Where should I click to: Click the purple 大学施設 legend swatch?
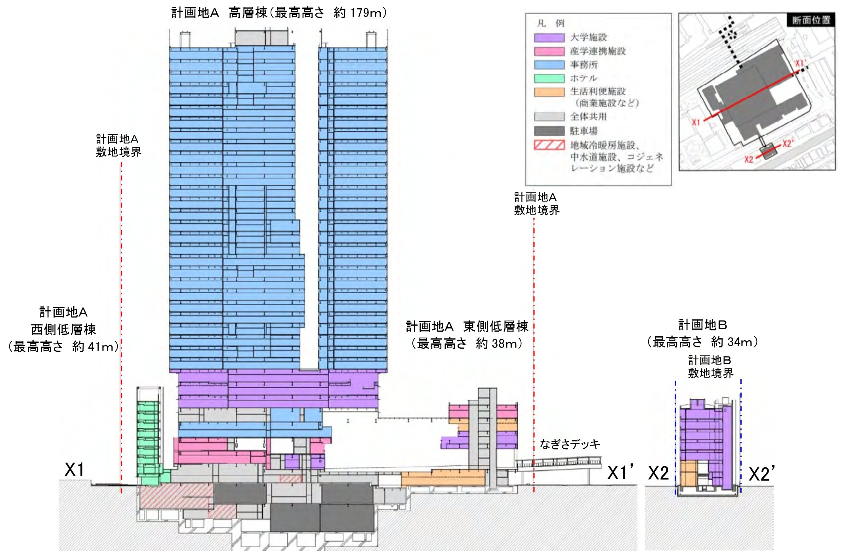click(x=549, y=38)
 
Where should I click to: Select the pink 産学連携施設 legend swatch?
click(x=549, y=51)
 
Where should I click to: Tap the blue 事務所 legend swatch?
click(x=549, y=65)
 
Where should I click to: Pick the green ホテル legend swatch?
click(x=549, y=78)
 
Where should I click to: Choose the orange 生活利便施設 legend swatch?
click(x=549, y=92)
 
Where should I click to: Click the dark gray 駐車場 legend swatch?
click(x=549, y=131)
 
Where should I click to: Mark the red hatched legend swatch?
click(x=549, y=145)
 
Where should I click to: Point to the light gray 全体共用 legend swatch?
click(x=549, y=117)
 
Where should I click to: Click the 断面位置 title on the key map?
click(x=811, y=20)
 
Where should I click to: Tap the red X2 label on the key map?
click(x=748, y=159)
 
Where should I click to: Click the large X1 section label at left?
click(x=74, y=470)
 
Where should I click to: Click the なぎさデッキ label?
click(x=570, y=445)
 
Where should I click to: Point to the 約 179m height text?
click(x=360, y=13)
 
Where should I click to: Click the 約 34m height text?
click(x=734, y=342)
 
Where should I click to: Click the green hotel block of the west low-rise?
click(x=148, y=439)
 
